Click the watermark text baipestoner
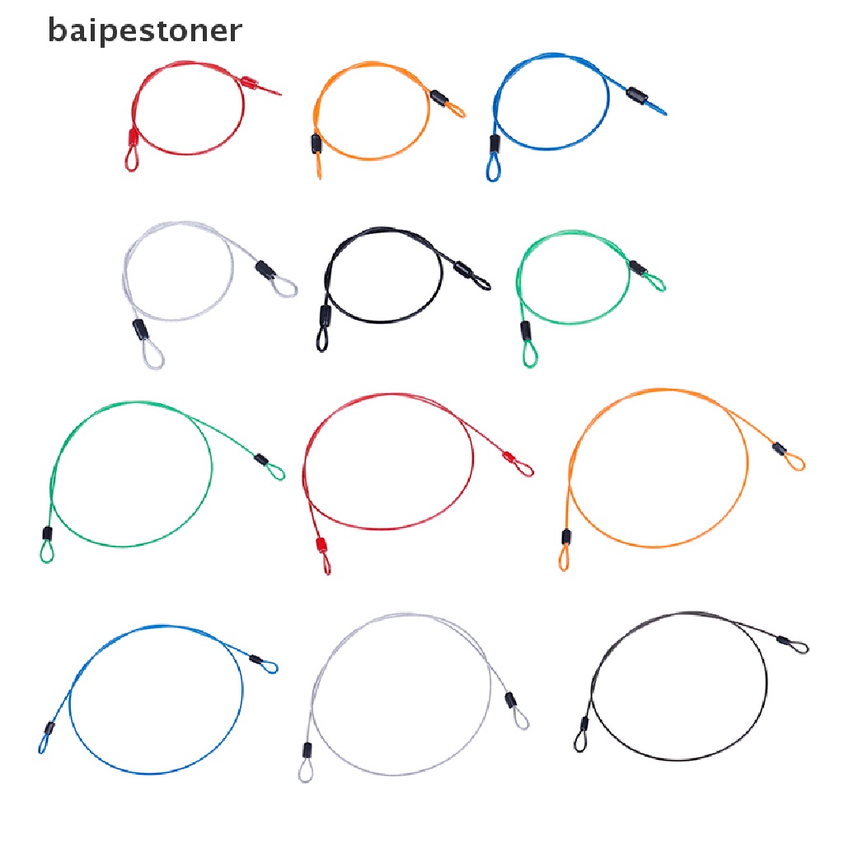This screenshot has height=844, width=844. coord(145,30)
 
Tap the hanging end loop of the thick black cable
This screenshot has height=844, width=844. coord(321,339)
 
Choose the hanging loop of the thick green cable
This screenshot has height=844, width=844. coord(528,354)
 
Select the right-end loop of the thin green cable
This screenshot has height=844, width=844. coord(275,471)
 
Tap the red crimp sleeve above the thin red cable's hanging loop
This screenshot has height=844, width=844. coord(321,545)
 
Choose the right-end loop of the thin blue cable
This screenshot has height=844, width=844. coord(269,666)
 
